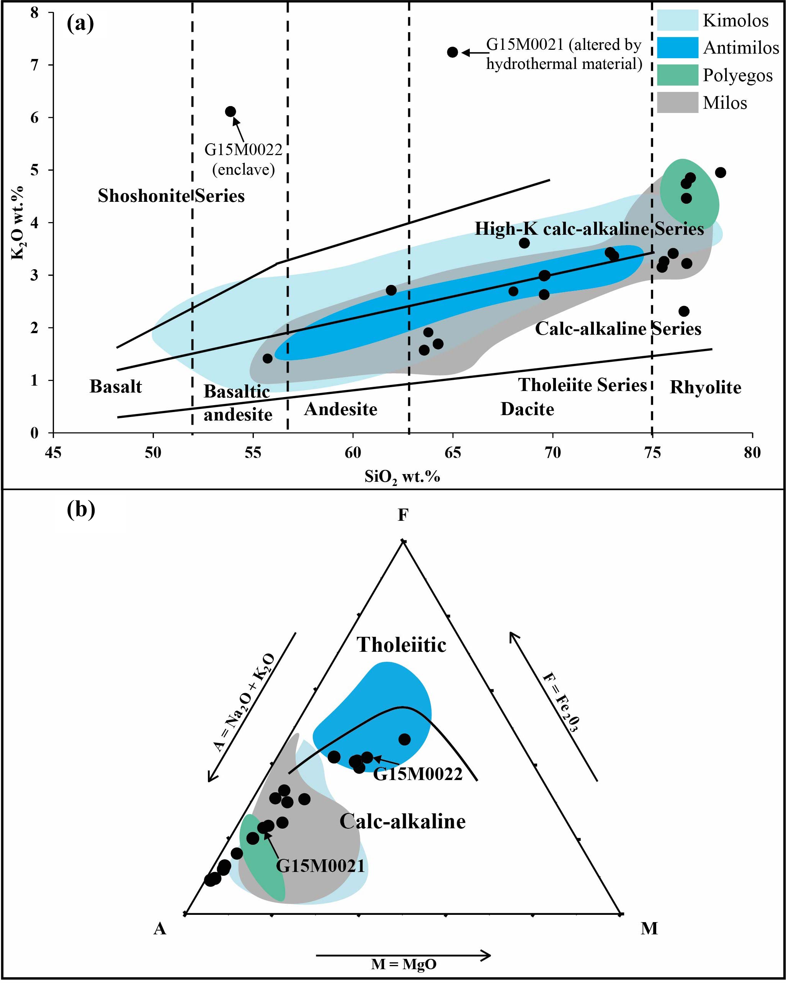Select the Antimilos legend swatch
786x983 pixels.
coord(677,48)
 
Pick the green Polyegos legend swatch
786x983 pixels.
coord(677,75)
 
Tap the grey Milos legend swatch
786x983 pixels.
coord(677,103)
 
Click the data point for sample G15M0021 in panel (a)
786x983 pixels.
coord(452,52)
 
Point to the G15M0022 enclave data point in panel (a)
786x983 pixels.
coord(231,111)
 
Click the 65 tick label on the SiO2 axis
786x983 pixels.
coord(452,453)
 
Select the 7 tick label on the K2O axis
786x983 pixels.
coord(35,65)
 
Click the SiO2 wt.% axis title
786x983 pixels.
coord(402,476)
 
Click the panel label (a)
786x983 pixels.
coord(80,24)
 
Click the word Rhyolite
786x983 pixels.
coord(705,388)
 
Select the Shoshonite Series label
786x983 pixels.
coord(171,196)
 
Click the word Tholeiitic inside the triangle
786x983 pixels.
coord(401,645)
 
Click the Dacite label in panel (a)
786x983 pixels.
coord(527,409)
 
